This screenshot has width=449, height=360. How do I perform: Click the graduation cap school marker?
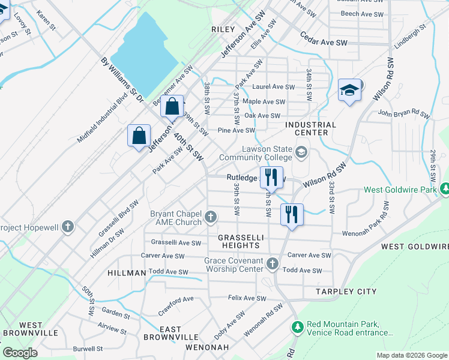click(x=349, y=91)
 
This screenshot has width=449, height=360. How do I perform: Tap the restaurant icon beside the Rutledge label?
click(x=271, y=177)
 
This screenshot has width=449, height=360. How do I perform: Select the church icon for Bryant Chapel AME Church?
click(x=211, y=217)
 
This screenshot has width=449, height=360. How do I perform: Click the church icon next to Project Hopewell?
click(x=68, y=227)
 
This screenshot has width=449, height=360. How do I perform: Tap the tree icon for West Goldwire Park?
click(x=444, y=190)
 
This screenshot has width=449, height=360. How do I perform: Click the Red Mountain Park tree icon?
click(x=297, y=327)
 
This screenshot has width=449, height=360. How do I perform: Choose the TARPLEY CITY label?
click(x=346, y=292)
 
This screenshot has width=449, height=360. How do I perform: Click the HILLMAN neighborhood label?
click(x=127, y=272)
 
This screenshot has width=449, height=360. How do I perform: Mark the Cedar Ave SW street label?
click(x=324, y=43)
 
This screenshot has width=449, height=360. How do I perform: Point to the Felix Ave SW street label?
click(x=247, y=298)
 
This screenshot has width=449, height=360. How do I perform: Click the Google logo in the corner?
click(x=20, y=353)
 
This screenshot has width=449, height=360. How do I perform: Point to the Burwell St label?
click(x=88, y=348)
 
